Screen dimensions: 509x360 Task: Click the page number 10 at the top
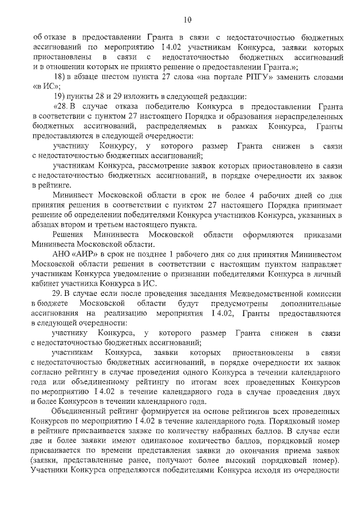click(187, 21)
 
